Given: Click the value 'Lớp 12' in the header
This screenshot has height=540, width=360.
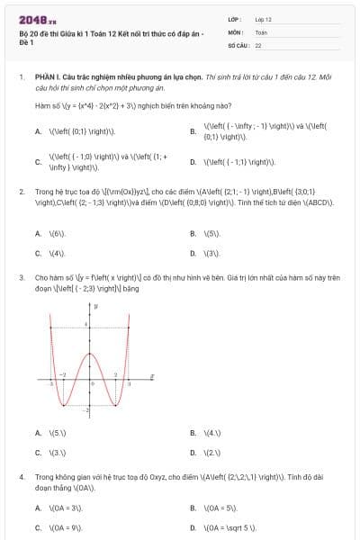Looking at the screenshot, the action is tap(263, 19).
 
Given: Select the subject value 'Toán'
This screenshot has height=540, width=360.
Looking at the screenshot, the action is tap(261, 31).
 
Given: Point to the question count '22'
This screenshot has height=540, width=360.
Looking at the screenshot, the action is tap(258, 44).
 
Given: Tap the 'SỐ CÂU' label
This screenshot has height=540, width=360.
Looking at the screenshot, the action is tap(237, 44).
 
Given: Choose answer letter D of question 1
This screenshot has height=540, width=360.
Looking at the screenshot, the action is tap(193, 162).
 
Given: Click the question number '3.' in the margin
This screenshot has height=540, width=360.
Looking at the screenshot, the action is tap(21, 279).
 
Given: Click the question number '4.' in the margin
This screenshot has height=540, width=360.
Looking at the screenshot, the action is tap(21, 474).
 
